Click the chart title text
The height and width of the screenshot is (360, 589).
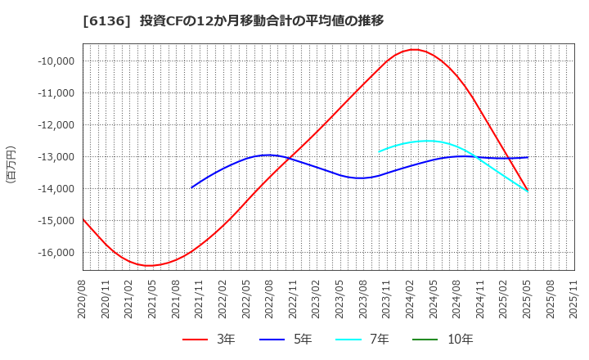(x=222, y=20)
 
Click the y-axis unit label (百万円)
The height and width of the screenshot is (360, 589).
(x=11, y=164)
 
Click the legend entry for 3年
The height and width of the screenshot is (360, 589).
(x=209, y=340)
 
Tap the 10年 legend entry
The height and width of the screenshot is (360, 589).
(x=445, y=340)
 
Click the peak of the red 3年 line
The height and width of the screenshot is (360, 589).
(x=414, y=49)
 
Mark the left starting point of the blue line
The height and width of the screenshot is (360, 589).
(x=191, y=187)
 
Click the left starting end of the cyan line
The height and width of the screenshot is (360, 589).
(x=379, y=151)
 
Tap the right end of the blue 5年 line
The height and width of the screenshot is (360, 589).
(x=528, y=157)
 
